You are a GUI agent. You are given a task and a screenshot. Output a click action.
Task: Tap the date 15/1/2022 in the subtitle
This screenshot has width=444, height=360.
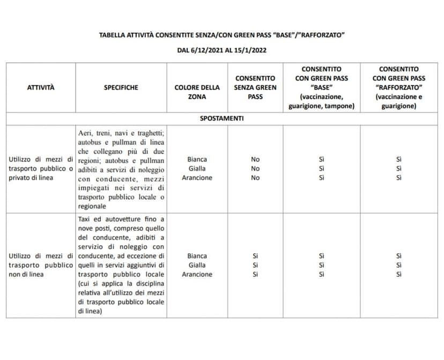point(250,50)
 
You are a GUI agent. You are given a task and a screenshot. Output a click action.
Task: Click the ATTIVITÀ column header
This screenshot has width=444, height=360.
point(41,87)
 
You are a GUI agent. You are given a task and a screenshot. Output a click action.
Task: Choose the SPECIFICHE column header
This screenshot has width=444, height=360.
point(121,87)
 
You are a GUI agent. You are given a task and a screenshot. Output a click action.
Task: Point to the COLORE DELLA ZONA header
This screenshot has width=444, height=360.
point(197,92)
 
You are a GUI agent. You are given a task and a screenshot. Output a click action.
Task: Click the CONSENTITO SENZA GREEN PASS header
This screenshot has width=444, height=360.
point(255,87)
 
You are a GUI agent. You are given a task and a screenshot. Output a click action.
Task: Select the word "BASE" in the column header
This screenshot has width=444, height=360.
point(321,87)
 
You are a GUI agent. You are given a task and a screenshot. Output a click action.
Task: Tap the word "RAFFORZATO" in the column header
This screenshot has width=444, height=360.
point(398,87)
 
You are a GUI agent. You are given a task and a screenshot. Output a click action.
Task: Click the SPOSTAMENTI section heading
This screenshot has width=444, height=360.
point(222,118)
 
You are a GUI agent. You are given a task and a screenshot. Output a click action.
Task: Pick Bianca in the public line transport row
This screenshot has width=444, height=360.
point(197,159)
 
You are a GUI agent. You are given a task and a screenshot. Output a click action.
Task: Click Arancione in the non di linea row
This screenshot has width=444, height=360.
point(197,274)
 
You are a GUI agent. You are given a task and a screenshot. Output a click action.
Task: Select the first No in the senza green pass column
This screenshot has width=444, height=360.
point(255,159)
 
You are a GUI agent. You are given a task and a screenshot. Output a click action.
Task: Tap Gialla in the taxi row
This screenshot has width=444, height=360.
point(197,265)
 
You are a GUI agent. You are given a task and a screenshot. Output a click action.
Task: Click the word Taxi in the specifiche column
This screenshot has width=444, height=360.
point(86,219)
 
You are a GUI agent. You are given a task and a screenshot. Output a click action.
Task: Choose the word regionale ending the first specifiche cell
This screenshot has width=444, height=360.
point(92,206)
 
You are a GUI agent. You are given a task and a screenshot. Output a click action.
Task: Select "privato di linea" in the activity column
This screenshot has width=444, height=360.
point(31,178)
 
